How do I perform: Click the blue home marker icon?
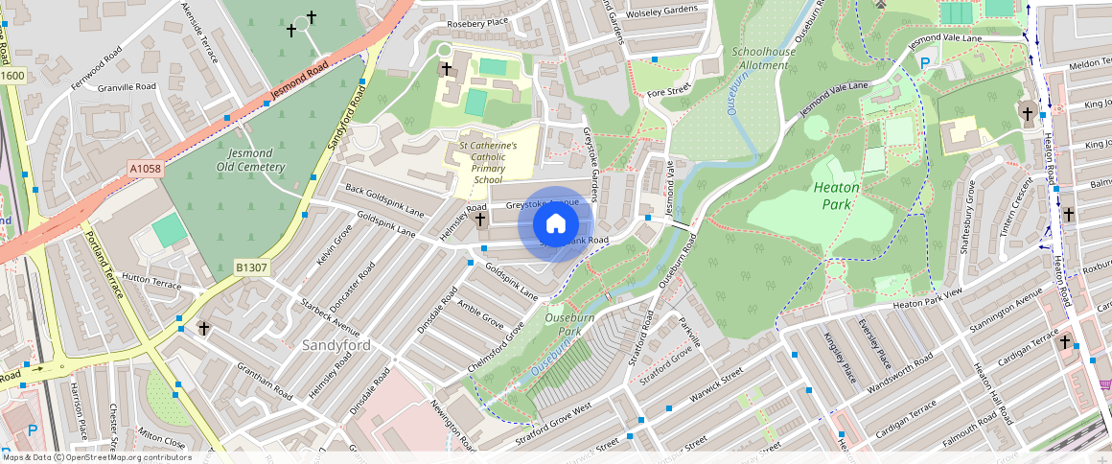point(555,224)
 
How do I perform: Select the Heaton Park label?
point(836,196)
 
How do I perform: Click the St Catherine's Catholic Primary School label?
point(487,162)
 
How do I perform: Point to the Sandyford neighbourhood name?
point(336,344)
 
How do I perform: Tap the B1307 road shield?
point(251,268)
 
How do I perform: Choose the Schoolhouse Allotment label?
point(763,58)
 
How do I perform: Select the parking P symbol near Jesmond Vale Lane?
point(925,63)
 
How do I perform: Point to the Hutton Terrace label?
point(151,285)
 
